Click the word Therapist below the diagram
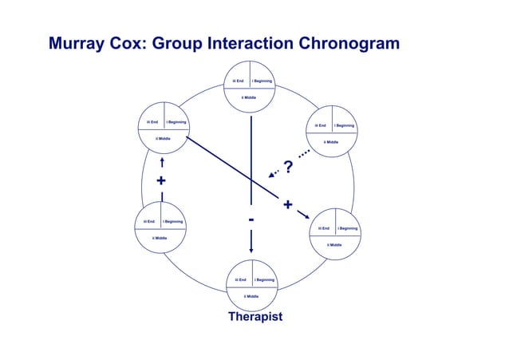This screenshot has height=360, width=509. [254, 318]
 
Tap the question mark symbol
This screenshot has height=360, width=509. [288, 168]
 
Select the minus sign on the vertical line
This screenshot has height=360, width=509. [251, 219]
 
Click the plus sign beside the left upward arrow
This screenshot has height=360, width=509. [161, 181]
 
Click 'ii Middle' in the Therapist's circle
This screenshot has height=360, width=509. [251, 296]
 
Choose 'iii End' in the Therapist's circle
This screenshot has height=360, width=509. [239, 280]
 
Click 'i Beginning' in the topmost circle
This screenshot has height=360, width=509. [262, 81]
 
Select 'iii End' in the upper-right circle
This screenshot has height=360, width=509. [321, 125]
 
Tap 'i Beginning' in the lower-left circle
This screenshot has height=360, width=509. [173, 221]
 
